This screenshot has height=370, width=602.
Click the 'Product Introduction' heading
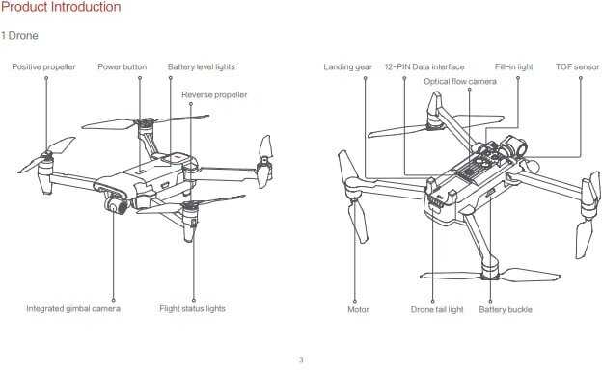tap(61, 7)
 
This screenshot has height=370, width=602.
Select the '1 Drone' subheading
tap(19, 36)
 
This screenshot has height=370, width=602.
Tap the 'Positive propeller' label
tap(43, 66)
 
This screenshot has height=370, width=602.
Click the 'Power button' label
tap(123, 66)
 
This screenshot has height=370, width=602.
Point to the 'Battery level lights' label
tap(202, 66)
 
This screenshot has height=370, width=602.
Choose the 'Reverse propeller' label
tap(214, 94)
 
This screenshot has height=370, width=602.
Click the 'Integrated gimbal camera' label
tap(73, 308)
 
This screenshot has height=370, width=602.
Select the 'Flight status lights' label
tap(192, 308)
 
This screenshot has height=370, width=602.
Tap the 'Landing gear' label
tap(348, 66)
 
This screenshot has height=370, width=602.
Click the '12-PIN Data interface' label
tap(424, 66)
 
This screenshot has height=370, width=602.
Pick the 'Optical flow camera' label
tap(460, 81)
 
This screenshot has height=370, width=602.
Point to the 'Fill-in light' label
tap(513, 66)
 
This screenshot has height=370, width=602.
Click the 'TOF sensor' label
tap(578, 66)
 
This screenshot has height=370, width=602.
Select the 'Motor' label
tap(358, 309)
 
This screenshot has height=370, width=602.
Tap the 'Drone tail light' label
tap(437, 309)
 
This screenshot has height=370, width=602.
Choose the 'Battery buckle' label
tap(506, 309)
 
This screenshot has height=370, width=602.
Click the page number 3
tap(301, 359)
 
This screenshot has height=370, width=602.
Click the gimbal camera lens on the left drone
tap(114, 207)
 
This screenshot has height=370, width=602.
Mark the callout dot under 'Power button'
tap(140, 78)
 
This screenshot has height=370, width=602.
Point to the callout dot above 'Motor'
tap(355, 301)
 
